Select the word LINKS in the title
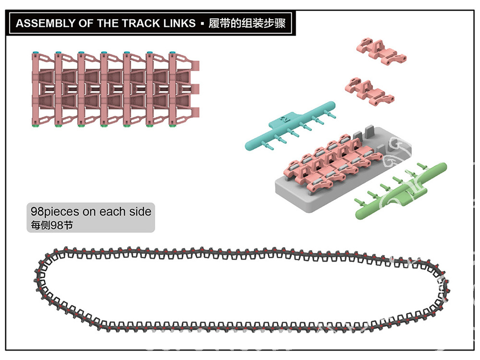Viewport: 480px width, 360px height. (x=179, y=23)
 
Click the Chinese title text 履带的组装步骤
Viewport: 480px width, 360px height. (x=247, y=23)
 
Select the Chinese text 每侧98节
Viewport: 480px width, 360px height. (x=52, y=225)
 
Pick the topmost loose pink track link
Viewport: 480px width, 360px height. (x=382, y=51)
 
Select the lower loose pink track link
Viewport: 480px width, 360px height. (x=370, y=91)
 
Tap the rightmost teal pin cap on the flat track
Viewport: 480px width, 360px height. (x=172, y=53)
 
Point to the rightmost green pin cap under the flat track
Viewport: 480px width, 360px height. (x=172, y=125)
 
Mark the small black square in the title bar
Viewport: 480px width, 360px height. (x=202, y=24)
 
